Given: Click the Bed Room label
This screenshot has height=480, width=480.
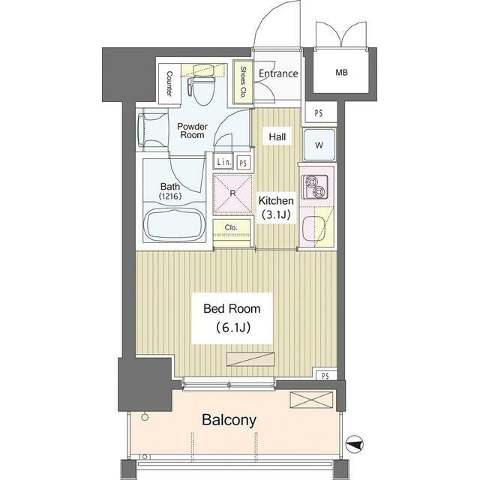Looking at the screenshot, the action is point(232,308).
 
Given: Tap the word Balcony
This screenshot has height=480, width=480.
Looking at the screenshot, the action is point(229,420).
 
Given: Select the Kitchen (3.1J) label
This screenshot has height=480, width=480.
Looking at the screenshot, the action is point(276,208).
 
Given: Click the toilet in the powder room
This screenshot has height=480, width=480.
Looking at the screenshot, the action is point(202,85).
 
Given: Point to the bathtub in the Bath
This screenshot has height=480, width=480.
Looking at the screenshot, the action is point(175,225).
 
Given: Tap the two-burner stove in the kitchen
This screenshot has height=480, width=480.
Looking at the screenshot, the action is point(314,187).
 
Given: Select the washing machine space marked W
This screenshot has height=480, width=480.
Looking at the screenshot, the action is point(319,145).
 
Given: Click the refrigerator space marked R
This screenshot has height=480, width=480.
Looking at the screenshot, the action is point(232,193).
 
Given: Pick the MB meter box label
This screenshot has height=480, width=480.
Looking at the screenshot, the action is point(341,73).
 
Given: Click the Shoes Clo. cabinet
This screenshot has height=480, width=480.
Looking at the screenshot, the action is point(243,82).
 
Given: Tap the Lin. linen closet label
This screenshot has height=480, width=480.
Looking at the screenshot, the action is point(223,162).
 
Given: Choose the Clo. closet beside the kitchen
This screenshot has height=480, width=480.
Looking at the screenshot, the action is point(232,227).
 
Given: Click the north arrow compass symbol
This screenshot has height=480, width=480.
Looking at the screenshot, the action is point(355,444).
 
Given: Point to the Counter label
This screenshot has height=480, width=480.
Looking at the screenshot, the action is point(169,83).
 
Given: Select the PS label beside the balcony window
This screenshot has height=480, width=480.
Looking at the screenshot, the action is point(325,376).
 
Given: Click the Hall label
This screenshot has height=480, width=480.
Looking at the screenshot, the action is point(277,136).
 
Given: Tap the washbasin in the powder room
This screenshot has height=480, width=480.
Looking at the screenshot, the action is point(146,130).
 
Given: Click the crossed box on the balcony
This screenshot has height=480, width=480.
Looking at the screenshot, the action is point(311,400).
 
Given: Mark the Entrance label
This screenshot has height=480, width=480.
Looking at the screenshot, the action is point(278,73).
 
